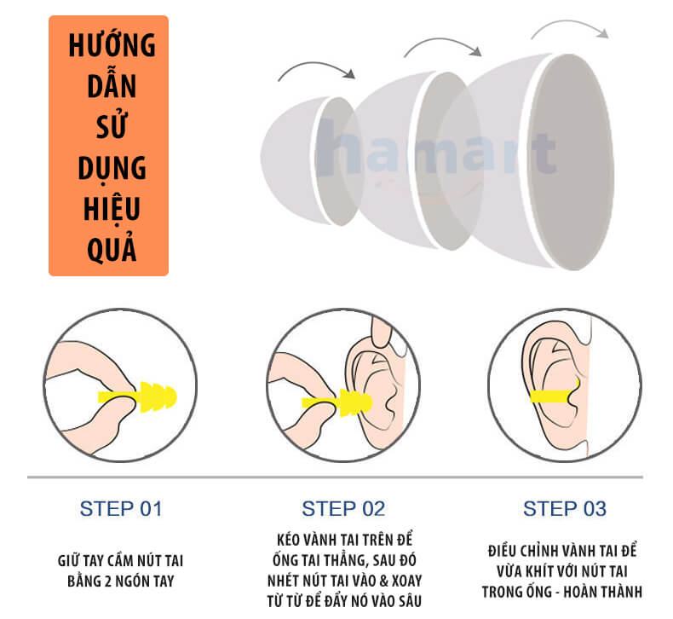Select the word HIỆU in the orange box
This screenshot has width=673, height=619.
(x=112, y=208)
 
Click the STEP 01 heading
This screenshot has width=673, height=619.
(x=121, y=509)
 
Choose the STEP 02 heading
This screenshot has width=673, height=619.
(x=343, y=509)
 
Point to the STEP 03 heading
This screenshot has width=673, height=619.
(x=565, y=509)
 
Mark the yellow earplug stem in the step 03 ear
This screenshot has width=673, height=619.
(x=554, y=396)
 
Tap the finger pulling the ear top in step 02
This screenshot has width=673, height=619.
(x=381, y=332)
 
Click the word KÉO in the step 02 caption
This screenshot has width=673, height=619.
(x=288, y=540)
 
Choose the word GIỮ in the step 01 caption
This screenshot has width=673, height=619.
(x=68, y=560)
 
